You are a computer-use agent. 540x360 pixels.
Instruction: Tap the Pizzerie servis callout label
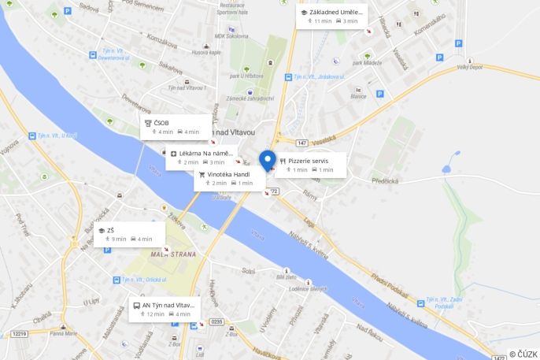pos(310,165)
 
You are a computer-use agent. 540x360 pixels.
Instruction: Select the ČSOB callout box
pos(175,127)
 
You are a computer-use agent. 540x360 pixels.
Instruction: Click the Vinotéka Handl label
pos(229,178)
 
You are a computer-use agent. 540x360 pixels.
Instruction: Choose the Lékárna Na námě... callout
pos(202,158)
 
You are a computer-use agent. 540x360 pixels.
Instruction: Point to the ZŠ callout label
pos(129,234)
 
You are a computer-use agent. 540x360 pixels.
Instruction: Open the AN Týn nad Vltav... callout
pos(165,309)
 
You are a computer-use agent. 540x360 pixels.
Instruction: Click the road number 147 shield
pos(302,142)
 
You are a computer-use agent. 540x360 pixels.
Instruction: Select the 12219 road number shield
pos(19,334)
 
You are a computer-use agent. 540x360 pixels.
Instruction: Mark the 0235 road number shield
pos(217,321)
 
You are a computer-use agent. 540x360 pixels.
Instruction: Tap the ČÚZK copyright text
pos(523,354)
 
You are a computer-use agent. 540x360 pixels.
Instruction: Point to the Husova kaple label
pos(205,53)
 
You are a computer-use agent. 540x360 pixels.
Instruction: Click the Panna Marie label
pos(64,333)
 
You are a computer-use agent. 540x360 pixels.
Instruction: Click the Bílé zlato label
pos(286,277)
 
